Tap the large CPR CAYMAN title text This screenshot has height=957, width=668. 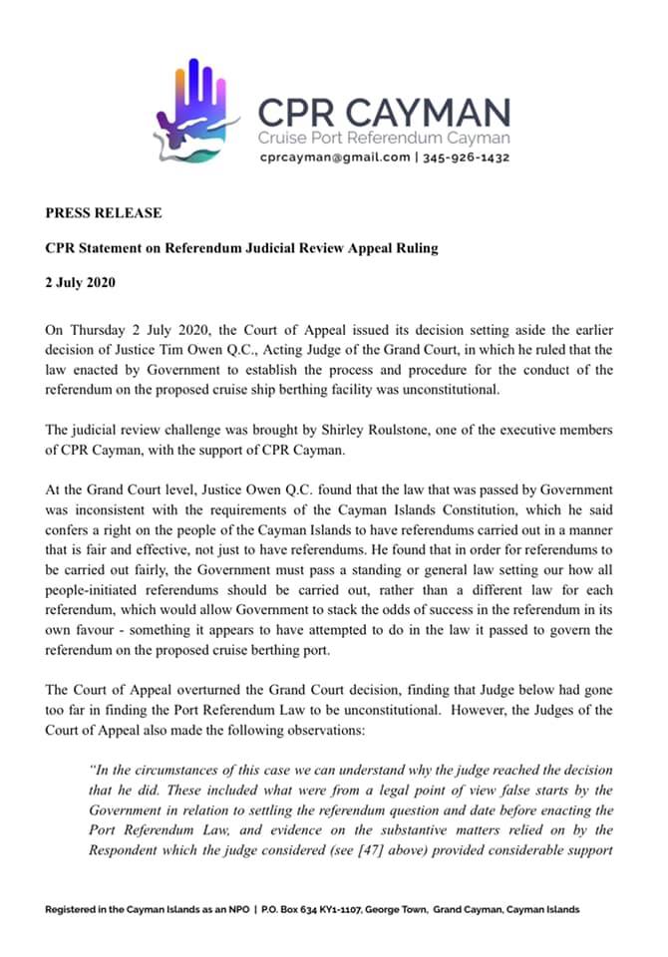pos(384,112)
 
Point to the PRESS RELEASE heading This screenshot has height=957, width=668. pos(103,213)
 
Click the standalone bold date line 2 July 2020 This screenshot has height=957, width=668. pos(81,282)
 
